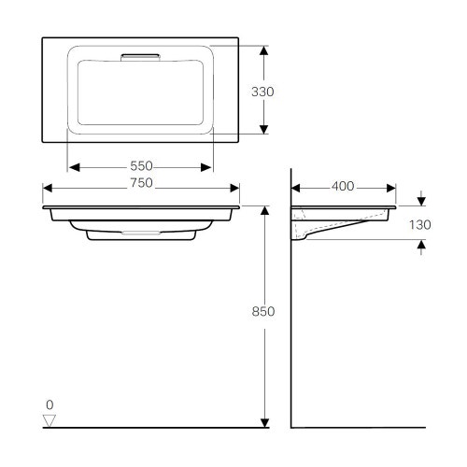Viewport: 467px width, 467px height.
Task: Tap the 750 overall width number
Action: point(140,184)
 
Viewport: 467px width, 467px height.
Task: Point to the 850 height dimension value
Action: point(264,312)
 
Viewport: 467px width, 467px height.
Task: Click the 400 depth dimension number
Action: point(343,186)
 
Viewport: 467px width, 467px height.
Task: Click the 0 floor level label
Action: point(50,404)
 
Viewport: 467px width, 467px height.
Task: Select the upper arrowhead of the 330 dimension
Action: point(264,49)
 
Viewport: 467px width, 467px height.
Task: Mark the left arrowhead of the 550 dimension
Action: point(74,168)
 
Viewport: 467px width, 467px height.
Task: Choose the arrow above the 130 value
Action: point(422,199)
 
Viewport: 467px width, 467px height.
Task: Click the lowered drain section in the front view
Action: point(140,234)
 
